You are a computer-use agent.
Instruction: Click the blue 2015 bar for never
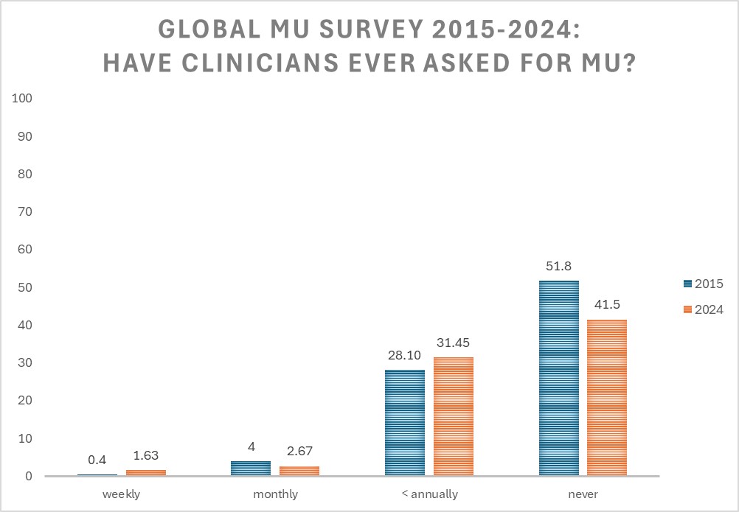559,378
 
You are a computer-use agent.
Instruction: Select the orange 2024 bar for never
607,397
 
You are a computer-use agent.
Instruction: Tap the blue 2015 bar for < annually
405,423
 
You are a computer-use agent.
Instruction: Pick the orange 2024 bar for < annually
454,416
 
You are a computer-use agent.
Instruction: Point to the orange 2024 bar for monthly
299,471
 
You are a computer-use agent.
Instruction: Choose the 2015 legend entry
704,284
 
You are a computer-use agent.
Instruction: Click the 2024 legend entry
704,309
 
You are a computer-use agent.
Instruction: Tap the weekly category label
122,494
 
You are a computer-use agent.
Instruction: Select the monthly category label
275,494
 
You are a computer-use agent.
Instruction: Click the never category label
583,494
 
